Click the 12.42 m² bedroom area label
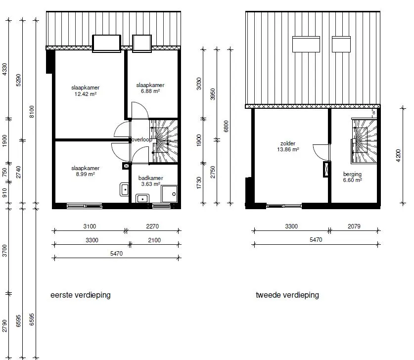(85, 91)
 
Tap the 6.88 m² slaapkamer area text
(150, 88)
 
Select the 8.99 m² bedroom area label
(85, 171)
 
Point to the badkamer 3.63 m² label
(150, 181)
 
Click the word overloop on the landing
(141, 139)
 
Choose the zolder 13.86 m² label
(288, 146)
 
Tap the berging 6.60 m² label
(353, 177)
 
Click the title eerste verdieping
(81, 295)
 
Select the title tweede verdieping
(287, 295)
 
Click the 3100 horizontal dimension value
(90, 226)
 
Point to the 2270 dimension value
(152, 226)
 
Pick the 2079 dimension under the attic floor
(354, 226)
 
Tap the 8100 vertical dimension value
(32, 112)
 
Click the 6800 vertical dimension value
(226, 126)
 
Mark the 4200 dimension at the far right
(398, 155)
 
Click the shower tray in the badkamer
(169, 194)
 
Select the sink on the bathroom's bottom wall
(142, 198)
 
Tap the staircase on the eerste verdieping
(163, 141)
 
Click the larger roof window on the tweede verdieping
(306, 44)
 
